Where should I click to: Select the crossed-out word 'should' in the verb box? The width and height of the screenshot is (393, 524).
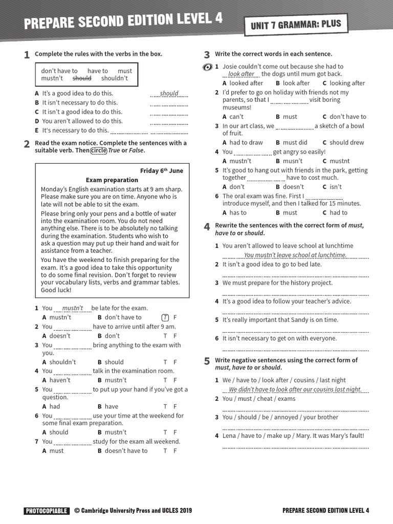[x=82, y=78]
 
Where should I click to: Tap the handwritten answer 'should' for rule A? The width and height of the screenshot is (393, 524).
[x=169, y=93]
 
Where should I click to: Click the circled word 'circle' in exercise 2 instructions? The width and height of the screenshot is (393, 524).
[x=98, y=150]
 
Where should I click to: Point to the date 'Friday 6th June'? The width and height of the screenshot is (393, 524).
[x=161, y=171]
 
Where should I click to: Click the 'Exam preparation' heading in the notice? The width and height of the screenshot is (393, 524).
[x=112, y=180]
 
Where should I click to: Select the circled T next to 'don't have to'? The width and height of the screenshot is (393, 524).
[x=165, y=317]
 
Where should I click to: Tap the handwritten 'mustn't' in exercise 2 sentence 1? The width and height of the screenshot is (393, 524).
[x=72, y=308]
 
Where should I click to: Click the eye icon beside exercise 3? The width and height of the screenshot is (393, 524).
[x=207, y=68]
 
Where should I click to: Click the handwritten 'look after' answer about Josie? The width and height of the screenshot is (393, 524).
[x=241, y=74]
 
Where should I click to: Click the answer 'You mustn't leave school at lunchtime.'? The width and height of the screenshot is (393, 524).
[x=295, y=255]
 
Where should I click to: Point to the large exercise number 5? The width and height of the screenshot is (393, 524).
[x=207, y=361]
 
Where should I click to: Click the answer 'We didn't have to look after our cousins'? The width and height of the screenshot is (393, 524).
[x=295, y=389]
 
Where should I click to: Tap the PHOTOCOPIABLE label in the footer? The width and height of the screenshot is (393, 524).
[x=46, y=511]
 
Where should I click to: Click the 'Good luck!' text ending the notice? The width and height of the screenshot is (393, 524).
[x=55, y=290]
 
